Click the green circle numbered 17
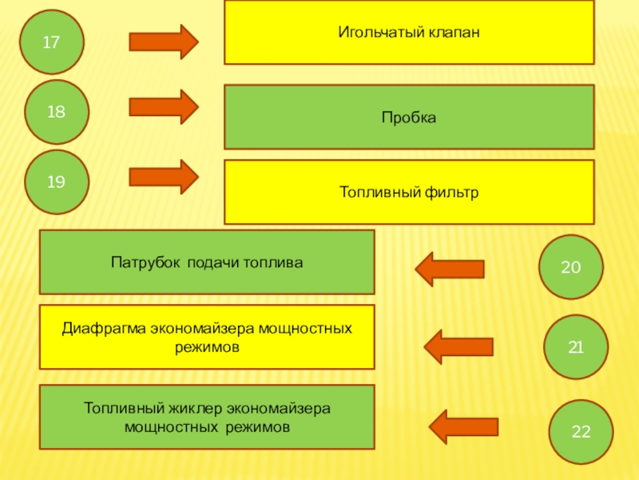coord(52,42)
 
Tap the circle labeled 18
coord(57,112)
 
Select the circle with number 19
coord(57,182)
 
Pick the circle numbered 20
coord(571,267)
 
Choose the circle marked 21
coord(576,347)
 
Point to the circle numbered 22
coord(581,432)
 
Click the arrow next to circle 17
coord(164,42)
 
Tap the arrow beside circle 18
coord(164,107)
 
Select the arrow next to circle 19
coord(164,177)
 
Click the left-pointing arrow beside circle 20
coord(450,269)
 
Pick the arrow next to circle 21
coord(458,347)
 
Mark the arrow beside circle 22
coord(464,427)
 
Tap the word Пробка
coord(409,118)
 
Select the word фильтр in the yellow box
coord(451,192)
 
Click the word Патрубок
coord(145,262)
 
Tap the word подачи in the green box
coord(213,263)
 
